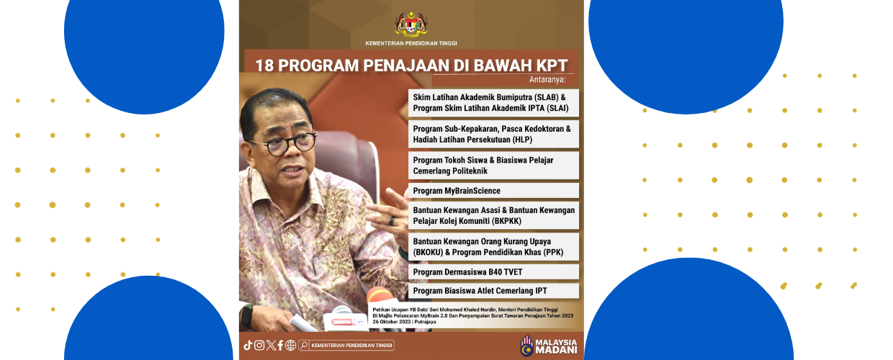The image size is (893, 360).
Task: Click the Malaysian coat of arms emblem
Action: click(x=411, y=24)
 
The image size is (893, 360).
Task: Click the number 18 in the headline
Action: click(x=264, y=66)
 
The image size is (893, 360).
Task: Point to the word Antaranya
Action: click(x=547, y=79)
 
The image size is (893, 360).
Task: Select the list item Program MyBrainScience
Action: click(x=457, y=191)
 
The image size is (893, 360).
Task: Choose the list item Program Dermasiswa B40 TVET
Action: click(x=467, y=272)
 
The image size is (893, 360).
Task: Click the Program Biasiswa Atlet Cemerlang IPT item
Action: click(x=480, y=291)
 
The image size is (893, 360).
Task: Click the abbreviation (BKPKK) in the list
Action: click(x=507, y=221)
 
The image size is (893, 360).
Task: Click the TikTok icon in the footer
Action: click(x=248, y=346)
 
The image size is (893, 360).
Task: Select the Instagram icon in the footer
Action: click(x=259, y=346)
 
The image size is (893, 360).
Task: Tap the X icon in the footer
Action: click(x=271, y=346)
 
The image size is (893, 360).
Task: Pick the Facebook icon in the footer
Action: click(x=281, y=346)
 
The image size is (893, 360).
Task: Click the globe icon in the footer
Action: click(x=291, y=346)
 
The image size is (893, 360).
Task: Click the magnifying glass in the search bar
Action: click(x=304, y=346)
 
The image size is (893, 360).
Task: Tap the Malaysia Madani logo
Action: click(x=549, y=346)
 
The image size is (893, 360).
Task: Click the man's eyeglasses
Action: click(x=284, y=143)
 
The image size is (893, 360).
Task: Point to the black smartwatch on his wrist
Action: click(x=247, y=317)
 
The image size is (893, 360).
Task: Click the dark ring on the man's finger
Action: click(x=392, y=221)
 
